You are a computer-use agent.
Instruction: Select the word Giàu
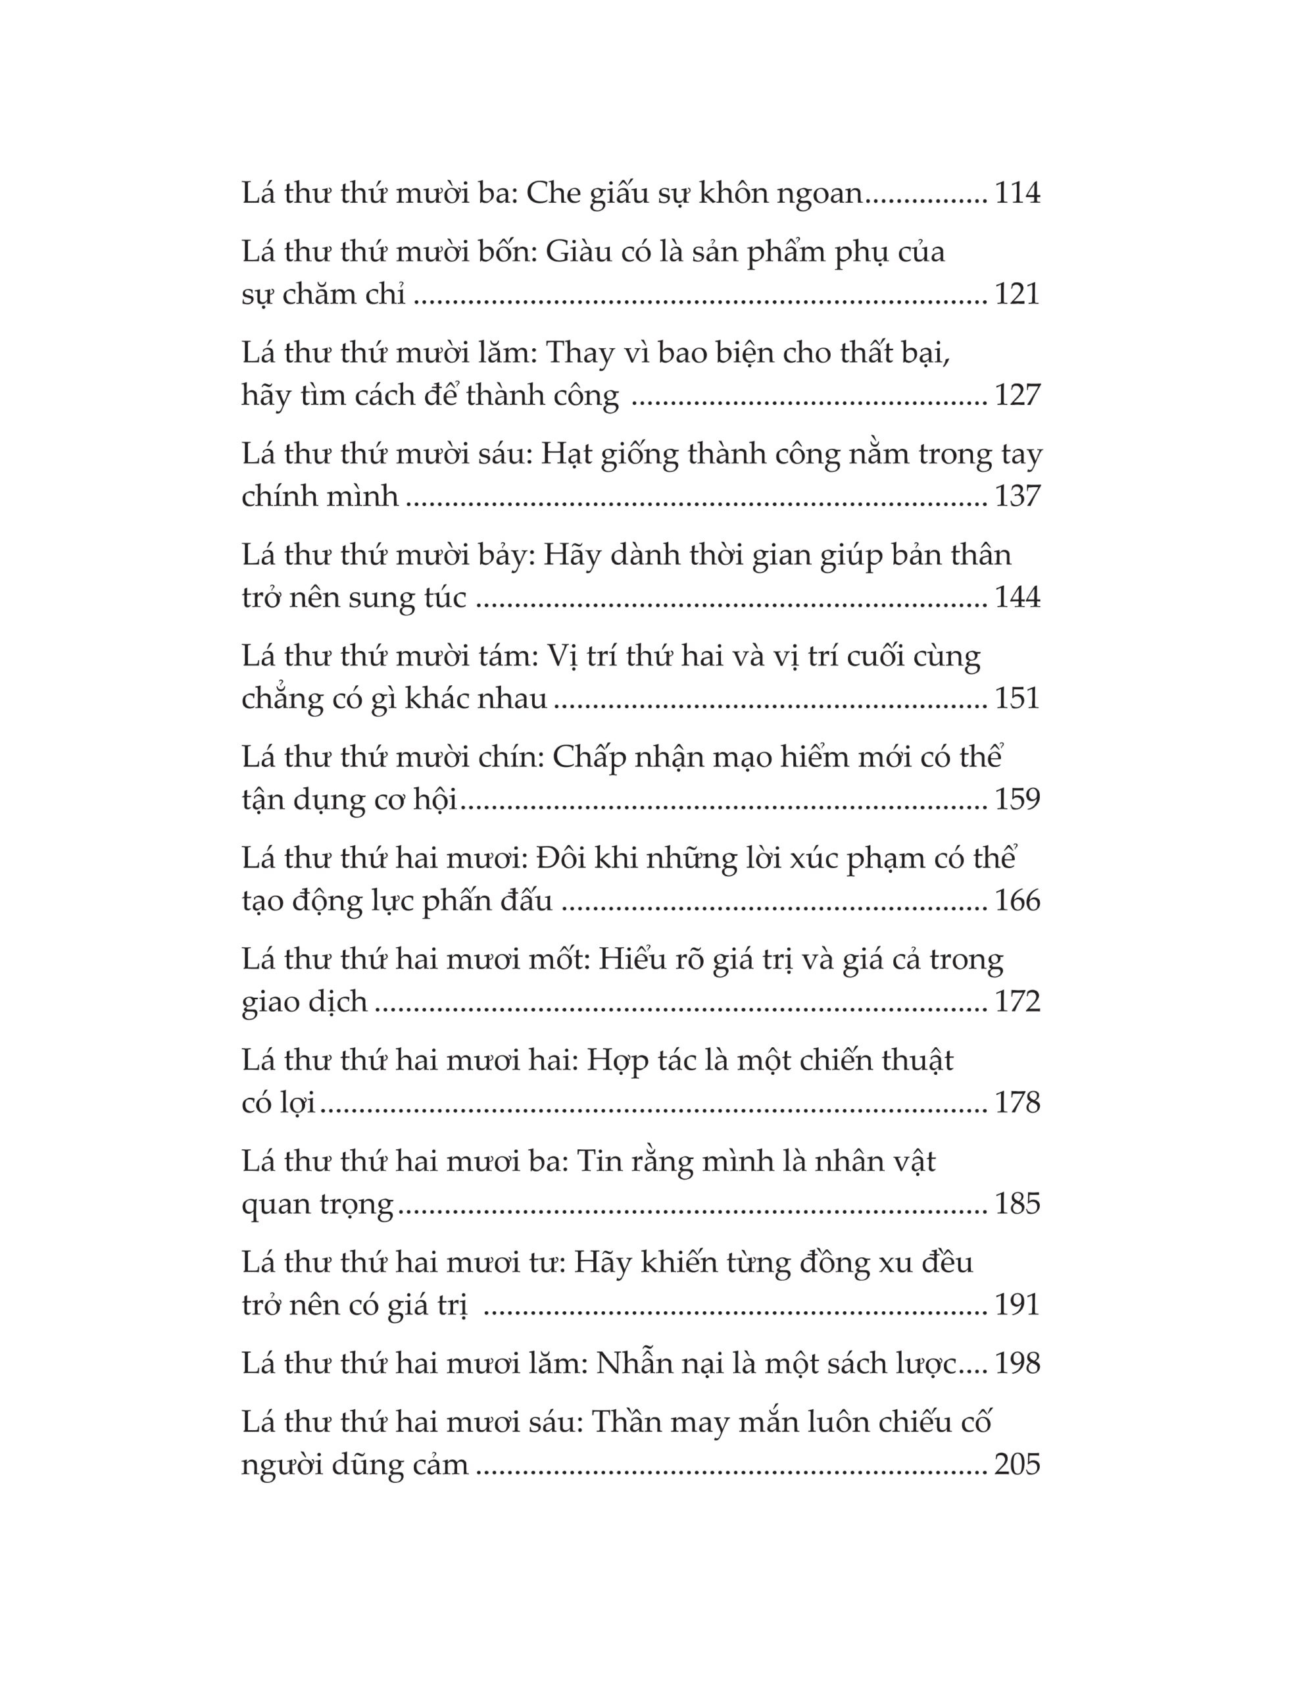(x=578, y=252)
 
